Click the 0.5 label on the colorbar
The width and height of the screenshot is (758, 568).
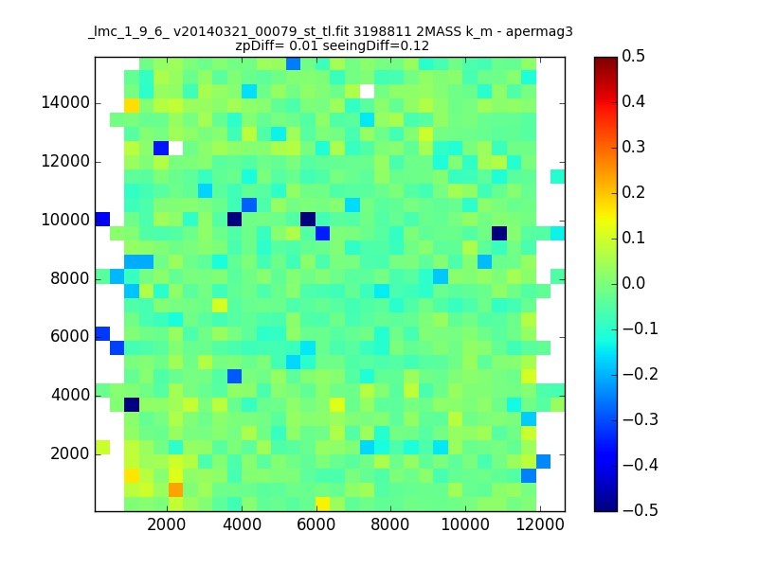[x=633, y=56]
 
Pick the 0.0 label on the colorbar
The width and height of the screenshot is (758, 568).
[x=633, y=283]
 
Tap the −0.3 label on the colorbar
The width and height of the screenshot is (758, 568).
[x=640, y=419]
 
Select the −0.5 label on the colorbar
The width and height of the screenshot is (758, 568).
[x=640, y=510]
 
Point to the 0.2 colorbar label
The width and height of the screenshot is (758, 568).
[x=633, y=192]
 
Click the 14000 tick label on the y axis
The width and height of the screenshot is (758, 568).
[x=65, y=103]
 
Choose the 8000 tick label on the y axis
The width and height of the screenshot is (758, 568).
[x=70, y=278]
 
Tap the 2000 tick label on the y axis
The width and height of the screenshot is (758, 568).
[x=70, y=453]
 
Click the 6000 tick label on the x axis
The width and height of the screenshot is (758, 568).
[x=316, y=524]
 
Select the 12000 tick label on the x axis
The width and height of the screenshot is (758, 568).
[x=540, y=524]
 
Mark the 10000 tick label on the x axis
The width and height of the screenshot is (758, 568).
[x=465, y=524]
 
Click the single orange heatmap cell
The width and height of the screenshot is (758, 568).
[x=175, y=489]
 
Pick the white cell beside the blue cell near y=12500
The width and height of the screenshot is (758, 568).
[x=175, y=148]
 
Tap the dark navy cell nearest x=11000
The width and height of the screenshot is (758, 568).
[x=499, y=233]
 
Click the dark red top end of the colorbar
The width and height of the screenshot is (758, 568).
[x=605, y=60]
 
